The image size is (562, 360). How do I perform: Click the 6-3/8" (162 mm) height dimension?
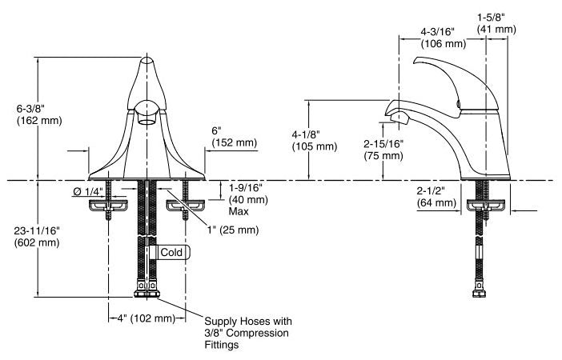pyautogui.click(x=39, y=114)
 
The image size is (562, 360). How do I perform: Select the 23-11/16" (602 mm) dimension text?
pyautogui.click(x=37, y=237)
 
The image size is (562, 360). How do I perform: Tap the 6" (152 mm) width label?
pyautogui.click(x=235, y=137)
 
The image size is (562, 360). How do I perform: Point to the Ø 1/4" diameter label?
pyautogui.click(x=88, y=192)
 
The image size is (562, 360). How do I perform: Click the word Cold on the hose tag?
pyautogui.click(x=171, y=252)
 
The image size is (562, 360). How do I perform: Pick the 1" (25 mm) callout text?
pyautogui.click(x=233, y=230)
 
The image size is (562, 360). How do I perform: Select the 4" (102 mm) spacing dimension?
pyautogui.click(x=147, y=318)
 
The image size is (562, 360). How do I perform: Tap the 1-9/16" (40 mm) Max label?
pyautogui.click(x=248, y=199)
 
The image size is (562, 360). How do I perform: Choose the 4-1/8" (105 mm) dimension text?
pyautogui.click(x=315, y=141)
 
